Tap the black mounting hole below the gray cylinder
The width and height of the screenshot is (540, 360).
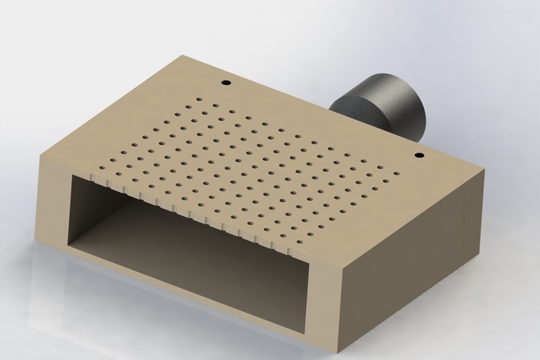click(x=419, y=156)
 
